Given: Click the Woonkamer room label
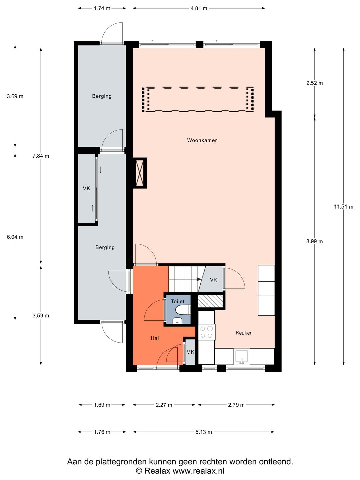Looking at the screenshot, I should pyautogui.click(x=202, y=140).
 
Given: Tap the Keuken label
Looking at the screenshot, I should pyautogui.click(x=244, y=333).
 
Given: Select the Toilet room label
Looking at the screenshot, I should pyautogui.click(x=177, y=301).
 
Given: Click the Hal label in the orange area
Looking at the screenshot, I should pyautogui.click(x=155, y=338).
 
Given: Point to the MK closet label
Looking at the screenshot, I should pyautogui.click(x=190, y=352).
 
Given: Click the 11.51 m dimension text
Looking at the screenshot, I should pyautogui.click(x=343, y=207).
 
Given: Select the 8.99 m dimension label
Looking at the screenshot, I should pyautogui.click(x=314, y=241).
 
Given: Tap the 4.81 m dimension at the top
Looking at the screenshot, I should pyautogui.click(x=199, y=8).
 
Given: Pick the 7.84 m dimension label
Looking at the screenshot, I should pyautogui.click(x=41, y=156).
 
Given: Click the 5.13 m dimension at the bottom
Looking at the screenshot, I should pyautogui.click(x=203, y=432).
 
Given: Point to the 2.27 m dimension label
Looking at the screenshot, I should pyautogui.click(x=164, y=405).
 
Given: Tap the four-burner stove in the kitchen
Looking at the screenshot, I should pyautogui.click(x=206, y=332).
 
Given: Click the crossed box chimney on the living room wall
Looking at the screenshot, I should pyautogui.click(x=140, y=173).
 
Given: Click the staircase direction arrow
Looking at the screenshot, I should pyautogui.click(x=199, y=279).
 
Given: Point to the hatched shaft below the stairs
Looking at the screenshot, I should pyautogui.click(x=210, y=301).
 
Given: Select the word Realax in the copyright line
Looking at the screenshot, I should pyautogui.click(x=157, y=471).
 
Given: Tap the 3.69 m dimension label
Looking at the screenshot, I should pyautogui.click(x=15, y=96).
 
